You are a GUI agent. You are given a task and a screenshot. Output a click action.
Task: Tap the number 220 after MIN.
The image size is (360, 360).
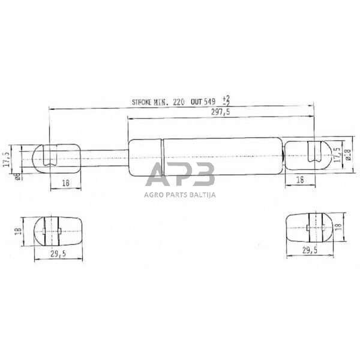[179, 103]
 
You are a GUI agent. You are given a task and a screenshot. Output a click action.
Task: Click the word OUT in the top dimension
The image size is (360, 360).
[196, 103]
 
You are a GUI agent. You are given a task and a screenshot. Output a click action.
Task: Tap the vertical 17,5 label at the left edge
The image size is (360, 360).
[7, 158]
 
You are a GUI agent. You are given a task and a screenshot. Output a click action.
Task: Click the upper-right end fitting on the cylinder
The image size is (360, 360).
[306, 155]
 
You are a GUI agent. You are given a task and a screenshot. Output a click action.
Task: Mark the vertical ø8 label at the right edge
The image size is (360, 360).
[346, 157]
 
